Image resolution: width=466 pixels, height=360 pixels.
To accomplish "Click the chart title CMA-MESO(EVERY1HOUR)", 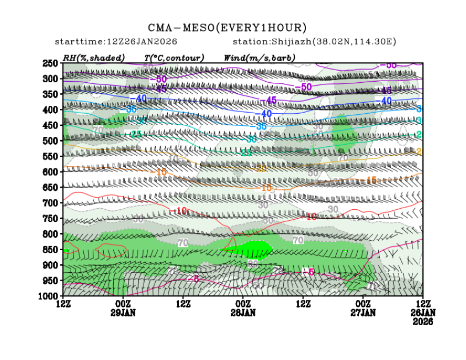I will click(227, 28).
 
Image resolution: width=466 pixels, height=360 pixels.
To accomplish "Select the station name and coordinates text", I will click(315, 42).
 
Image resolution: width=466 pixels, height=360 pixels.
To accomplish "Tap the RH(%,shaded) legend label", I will click(93, 57).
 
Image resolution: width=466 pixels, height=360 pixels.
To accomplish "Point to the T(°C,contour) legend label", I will click(174, 57).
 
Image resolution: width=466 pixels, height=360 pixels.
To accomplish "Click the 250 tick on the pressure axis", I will click(51, 63).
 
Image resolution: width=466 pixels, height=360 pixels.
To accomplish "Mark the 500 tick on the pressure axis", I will click(51, 141).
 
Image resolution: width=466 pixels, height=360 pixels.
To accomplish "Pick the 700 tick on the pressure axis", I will click(51, 203).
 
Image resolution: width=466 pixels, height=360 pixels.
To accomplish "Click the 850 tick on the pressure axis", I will click(51, 250).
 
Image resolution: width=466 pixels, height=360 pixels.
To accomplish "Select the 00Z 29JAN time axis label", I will click(123, 309).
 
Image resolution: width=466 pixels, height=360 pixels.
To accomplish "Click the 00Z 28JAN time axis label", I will click(243, 309).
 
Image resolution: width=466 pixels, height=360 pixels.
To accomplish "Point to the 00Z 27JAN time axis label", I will click(363, 309).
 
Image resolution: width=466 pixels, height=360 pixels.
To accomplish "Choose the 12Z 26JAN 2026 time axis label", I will click(422, 312).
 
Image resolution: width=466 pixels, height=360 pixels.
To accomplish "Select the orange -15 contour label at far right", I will click(371, 180).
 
